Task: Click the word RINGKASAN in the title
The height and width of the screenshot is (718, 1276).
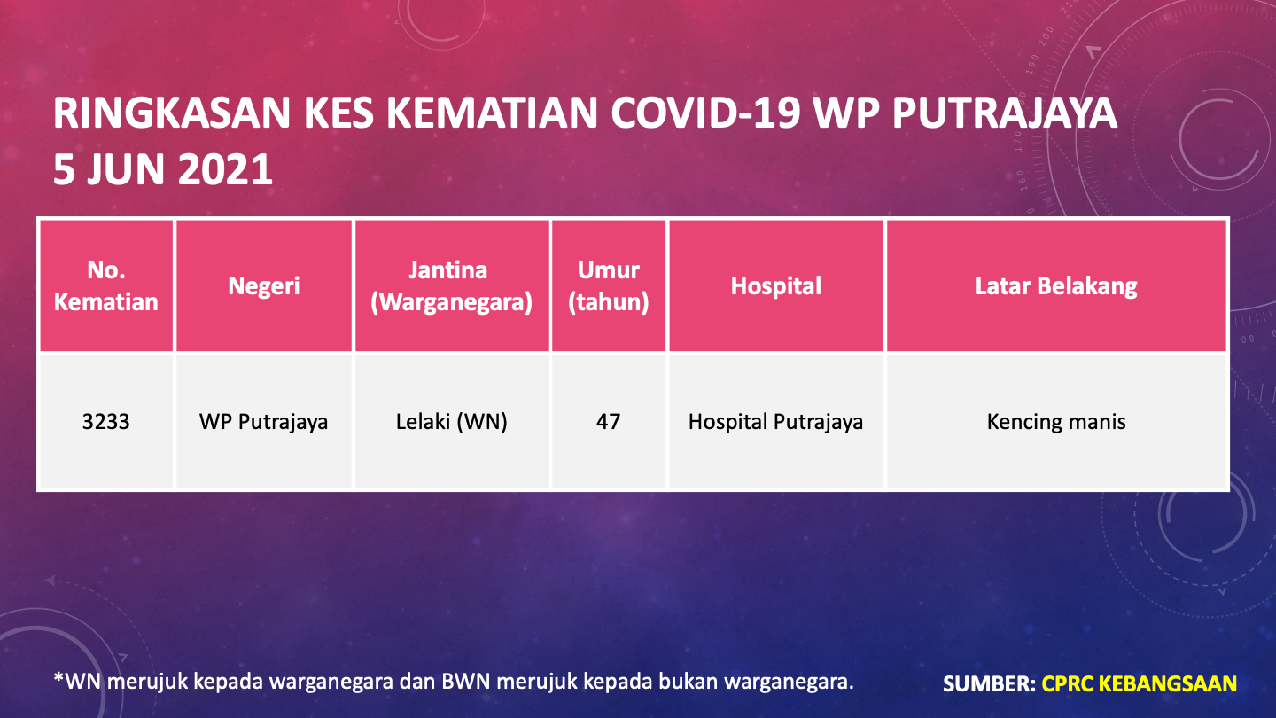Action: point(172,113)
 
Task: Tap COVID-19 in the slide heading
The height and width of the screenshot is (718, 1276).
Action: point(705,113)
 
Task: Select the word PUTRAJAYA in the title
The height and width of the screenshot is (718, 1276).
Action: point(1004,113)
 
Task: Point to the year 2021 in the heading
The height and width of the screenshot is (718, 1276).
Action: point(225,169)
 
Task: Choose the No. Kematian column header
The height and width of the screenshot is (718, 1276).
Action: point(106,285)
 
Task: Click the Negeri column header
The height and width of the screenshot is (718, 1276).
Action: point(264,286)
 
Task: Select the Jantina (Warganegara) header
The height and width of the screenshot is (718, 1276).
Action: point(451,285)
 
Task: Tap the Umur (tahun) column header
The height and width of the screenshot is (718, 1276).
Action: point(609,285)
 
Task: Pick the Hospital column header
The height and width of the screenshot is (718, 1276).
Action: point(776,286)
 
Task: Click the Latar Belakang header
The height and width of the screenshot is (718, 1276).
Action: point(1056,286)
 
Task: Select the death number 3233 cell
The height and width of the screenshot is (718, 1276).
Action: point(106,422)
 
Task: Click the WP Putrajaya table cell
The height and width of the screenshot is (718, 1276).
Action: point(264,422)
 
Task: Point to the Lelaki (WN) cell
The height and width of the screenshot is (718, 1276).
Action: point(451,422)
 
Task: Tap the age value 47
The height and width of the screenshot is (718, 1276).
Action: point(609,422)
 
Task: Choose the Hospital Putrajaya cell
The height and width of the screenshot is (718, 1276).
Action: point(776,422)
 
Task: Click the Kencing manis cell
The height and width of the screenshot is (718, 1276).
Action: point(1056,422)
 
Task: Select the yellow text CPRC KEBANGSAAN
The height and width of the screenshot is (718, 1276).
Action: point(1140,683)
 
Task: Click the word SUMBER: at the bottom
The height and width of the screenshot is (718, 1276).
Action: point(989,683)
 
